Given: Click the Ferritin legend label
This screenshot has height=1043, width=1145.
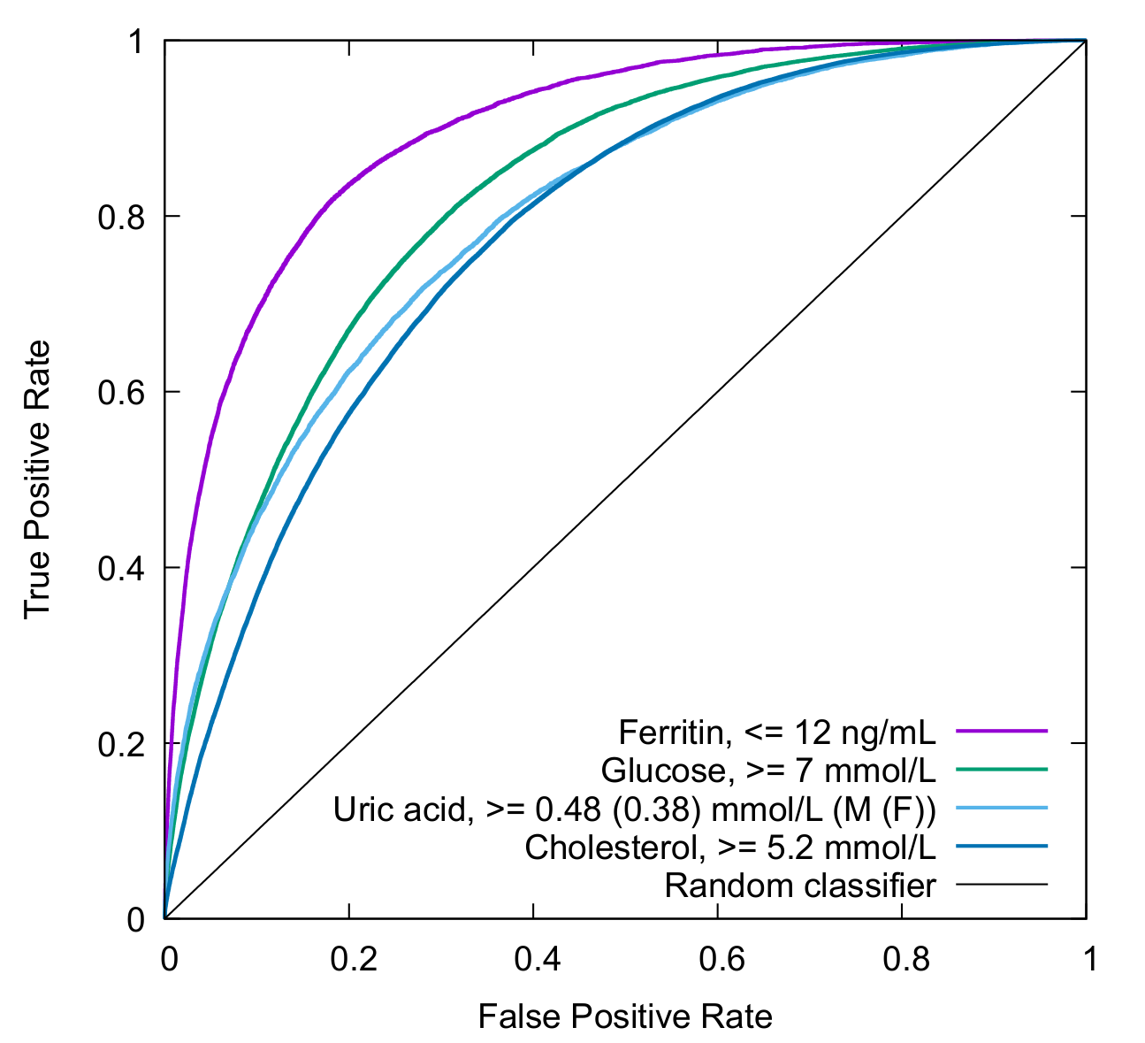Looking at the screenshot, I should (776, 732).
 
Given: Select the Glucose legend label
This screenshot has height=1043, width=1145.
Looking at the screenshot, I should (767, 771).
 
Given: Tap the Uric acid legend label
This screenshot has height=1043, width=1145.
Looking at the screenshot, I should (634, 809).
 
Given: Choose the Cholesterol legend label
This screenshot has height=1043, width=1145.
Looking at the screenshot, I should (729, 847).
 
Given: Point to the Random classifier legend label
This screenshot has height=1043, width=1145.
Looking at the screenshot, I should (799, 886).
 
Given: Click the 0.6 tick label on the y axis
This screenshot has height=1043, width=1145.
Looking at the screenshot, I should (120, 392).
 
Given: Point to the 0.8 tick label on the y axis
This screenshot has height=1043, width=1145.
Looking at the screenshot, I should (120, 217).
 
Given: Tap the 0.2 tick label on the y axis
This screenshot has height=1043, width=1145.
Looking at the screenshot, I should (120, 743).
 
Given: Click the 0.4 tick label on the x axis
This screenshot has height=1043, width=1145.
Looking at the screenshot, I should (533, 959).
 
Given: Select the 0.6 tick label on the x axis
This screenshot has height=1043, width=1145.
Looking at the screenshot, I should (718, 959).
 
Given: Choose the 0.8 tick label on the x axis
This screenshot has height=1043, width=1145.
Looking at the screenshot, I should (902, 959).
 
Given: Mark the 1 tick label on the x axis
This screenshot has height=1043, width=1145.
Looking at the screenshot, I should (1087, 959).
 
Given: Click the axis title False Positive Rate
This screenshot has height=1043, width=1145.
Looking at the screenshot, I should (625, 1017).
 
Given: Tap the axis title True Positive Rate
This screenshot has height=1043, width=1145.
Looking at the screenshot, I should (37, 479).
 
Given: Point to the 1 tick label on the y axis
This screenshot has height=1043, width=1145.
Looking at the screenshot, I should (136, 42).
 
